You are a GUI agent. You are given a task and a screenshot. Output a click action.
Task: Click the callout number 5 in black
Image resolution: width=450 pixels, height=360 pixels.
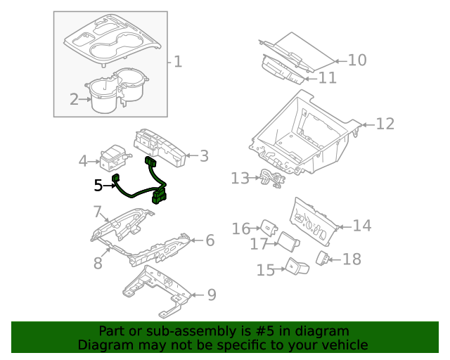coord(98,186)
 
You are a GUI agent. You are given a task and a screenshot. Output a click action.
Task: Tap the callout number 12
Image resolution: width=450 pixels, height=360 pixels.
coord(385,124)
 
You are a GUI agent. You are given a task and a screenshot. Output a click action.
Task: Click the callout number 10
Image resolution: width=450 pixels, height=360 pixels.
coord(357,60)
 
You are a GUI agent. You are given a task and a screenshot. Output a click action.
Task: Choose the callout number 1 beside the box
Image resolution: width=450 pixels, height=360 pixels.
coord(178,63)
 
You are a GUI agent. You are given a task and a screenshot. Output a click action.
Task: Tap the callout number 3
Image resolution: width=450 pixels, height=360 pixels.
coord(204,156)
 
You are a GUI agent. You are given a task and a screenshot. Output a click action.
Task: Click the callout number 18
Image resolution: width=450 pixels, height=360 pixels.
coord(351,259)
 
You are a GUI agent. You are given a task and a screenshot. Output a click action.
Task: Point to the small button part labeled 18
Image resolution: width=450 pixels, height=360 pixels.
coord(323,258)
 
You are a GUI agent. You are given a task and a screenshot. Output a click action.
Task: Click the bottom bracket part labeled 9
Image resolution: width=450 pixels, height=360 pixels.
coord(155,288)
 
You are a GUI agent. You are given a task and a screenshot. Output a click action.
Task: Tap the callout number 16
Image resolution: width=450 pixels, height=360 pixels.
coord(241,229)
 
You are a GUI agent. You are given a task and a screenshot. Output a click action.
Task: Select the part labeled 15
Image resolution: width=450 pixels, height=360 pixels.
coord(295,267)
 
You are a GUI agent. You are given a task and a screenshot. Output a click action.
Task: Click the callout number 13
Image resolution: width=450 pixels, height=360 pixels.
coord(240,179)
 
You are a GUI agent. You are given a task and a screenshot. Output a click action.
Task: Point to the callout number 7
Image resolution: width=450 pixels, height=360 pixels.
coord(98,211)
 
